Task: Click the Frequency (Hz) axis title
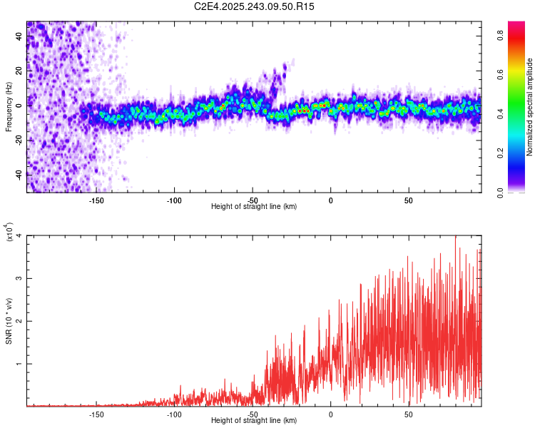pyautogui.click(x=9, y=107)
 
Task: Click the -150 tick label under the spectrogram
pyautogui.click(x=96, y=201)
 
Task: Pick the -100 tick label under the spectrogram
pyautogui.click(x=174, y=201)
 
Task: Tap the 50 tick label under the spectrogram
pyautogui.click(x=408, y=201)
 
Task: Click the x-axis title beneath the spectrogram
pyautogui.click(x=254, y=207)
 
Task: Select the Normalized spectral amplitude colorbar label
pyautogui.click(x=530, y=107)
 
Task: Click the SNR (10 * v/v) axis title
pyautogui.click(x=9, y=321)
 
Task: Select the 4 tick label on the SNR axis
pyautogui.click(x=20, y=236)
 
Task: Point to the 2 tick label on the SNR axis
pyautogui.click(x=20, y=321)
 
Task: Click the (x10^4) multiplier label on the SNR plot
pyautogui.click(x=9, y=233)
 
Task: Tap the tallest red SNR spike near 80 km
pyautogui.click(x=455, y=238)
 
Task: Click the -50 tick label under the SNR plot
pyautogui.click(x=253, y=414)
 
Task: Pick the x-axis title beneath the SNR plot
pyautogui.click(x=254, y=421)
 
